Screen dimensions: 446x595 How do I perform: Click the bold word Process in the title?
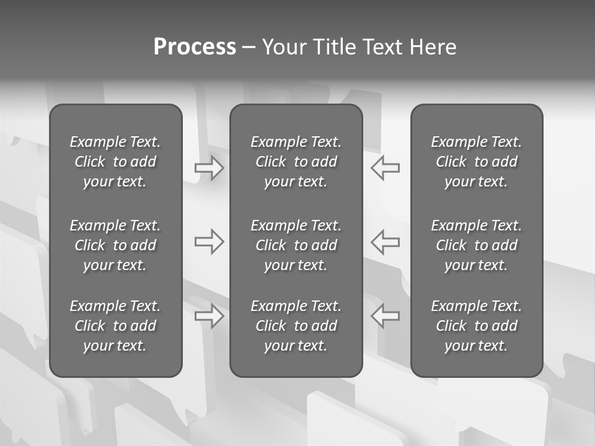tap(195, 47)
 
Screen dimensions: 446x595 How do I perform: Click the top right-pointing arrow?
tap(209, 168)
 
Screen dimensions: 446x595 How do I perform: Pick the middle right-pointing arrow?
tap(209, 242)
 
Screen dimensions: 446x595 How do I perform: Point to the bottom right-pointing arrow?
tap(209, 316)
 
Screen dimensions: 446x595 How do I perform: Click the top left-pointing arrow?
tap(386, 168)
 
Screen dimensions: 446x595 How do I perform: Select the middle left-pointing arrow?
tap(386, 242)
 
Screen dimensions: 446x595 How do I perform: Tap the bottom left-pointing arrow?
tap(386, 316)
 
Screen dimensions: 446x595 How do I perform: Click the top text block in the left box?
tap(115, 162)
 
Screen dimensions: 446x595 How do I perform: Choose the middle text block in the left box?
tap(115, 245)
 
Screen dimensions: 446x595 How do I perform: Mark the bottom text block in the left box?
tap(115, 326)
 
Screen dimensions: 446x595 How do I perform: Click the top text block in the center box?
tap(296, 162)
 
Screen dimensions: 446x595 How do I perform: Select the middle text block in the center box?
tap(296, 245)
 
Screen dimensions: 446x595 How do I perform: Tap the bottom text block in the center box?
tap(296, 326)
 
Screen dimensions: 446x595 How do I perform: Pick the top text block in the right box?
tap(476, 162)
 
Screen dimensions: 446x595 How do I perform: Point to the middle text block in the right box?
tap(476, 245)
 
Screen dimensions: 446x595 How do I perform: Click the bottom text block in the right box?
tap(476, 326)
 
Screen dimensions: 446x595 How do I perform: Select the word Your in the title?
tap(283, 47)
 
